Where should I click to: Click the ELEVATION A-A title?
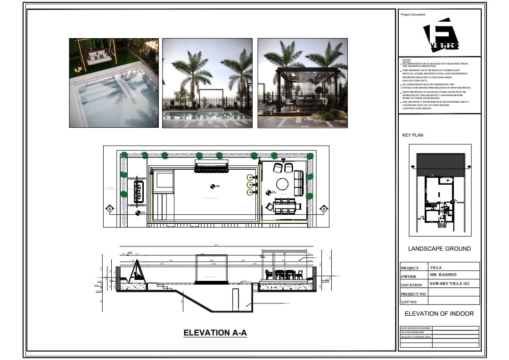pyautogui.click(x=215, y=333)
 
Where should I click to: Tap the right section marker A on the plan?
pyautogui.click(x=324, y=208)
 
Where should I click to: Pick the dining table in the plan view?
pyautogui.click(x=285, y=206)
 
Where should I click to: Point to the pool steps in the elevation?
pyautogui.click(x=162, y=286)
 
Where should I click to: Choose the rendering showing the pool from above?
pyautogui.click(x=114, y=83)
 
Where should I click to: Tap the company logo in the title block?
pyautogui.click(x=441, y=36)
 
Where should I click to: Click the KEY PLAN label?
pyautogui.click(x=412, y=135)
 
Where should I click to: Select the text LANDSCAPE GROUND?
pyautogui.click(x=439, y=249)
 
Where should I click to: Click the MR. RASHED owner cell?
pyautogui.click(x=443, y=275)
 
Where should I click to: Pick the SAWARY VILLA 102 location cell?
pyautogui.click(x=448, y=284)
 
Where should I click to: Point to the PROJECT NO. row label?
pyautogui.click(x=413, y=294)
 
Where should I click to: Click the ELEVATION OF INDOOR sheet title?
pyautogui.click(x=439, y=313)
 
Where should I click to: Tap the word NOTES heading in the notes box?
pyautogui.click(x=406, y=60)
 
